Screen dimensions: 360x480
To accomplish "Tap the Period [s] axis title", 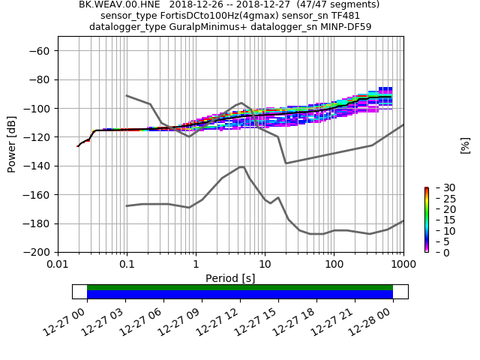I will [x=230, y=277].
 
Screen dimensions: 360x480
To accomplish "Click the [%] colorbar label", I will [x=465, y=145].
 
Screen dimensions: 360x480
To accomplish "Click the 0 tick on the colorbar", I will [x=438, y=252].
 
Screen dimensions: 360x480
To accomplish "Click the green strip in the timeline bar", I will [x=240, y=287].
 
